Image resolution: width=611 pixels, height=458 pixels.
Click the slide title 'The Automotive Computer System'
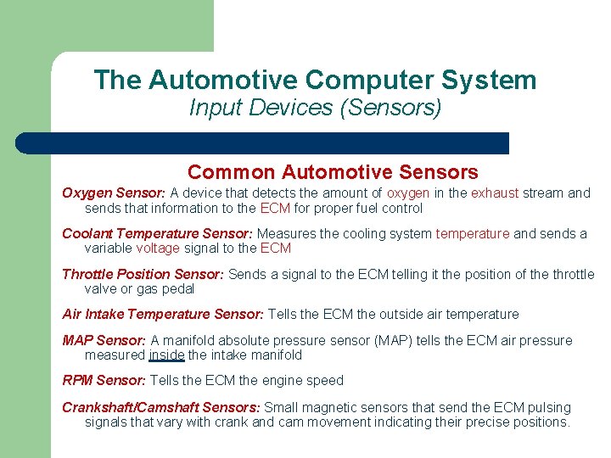pos(315,80)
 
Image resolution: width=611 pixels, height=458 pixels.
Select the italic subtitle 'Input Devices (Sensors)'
pos(315,108)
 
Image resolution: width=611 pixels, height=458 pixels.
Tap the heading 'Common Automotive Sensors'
pos(333,172)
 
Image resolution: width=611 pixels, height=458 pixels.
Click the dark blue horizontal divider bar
pos(263,142)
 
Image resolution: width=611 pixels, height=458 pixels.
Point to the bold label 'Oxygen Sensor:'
pos(114,193)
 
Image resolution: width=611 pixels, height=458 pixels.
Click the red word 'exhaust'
pos(495,193)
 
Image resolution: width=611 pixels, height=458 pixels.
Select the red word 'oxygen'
pos(408,193)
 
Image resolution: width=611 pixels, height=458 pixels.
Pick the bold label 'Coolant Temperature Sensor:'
pos(157,234)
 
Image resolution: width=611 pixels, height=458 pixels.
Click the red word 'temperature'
pos(473,234)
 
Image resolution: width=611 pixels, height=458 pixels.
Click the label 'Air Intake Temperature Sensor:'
pos(163,315)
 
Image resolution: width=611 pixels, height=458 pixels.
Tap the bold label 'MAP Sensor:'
pos(104,341)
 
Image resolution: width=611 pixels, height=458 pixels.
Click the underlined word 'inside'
pos(166,355)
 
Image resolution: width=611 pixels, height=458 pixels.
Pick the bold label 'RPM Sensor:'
pos(104,381)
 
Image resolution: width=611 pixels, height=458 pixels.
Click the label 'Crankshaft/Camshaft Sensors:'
pos(160,408)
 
